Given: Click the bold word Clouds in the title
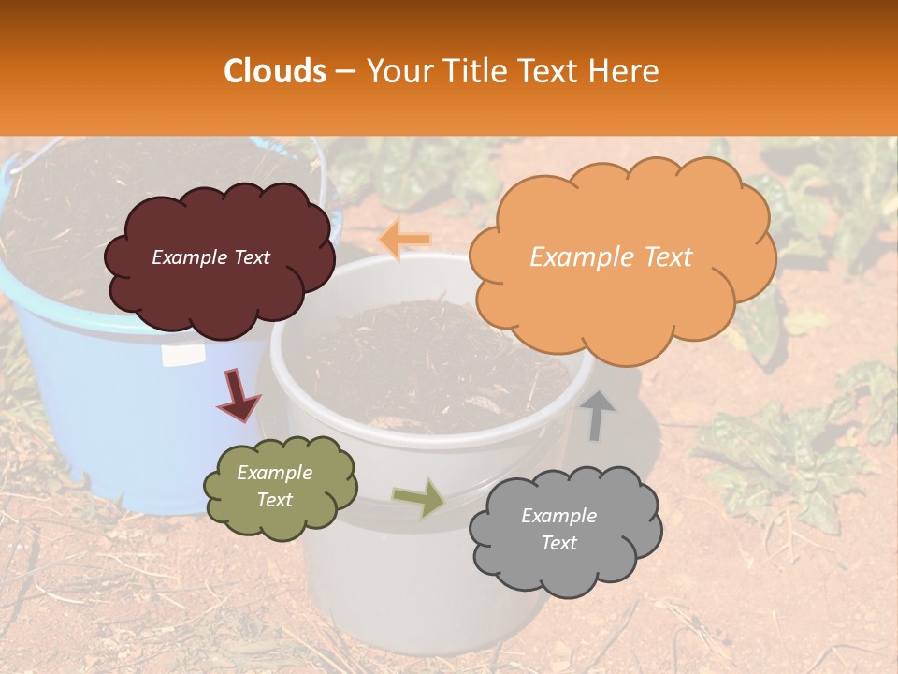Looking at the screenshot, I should click(x=275, y=71).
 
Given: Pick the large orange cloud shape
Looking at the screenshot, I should click(x=622, y=257).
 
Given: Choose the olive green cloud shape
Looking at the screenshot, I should click(x=280, y=487).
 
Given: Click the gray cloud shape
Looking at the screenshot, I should click(x=565, y=530).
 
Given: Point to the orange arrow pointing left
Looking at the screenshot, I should click(x=405, y=240).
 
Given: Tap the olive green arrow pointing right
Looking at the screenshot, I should click(x=419, y=497).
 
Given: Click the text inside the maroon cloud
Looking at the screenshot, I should click(x=210, y=257).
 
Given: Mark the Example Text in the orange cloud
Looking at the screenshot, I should click(x=611, y=257).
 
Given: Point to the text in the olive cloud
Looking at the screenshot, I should click(x=274, y=486).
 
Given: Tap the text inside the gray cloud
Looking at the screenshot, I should click(x=558, y=529).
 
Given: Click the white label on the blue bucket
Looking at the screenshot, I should click(x=182, y=354).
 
